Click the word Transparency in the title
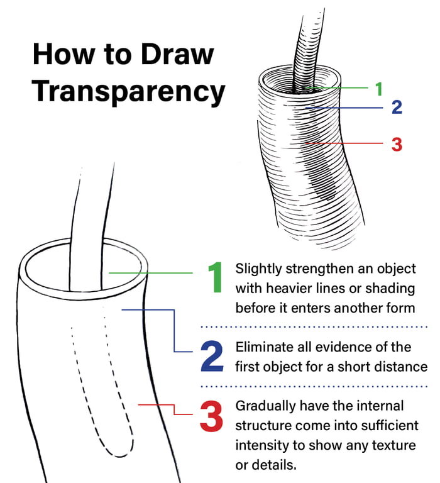click(x=128, y=91)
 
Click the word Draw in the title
click(x=182, y=53)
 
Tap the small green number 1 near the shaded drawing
click(x=378, y=89)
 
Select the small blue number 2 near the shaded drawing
click(x=396, y=108)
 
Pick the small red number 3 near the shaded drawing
click(x=396, y=143)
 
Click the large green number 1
click(x=216, y=277)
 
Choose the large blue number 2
click(x=212, y=357)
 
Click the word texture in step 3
click(x=394, y=445)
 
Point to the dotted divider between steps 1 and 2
click(x=314, y=327)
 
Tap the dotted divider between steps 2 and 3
click(x=314, y=386)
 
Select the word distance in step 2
click(x=402, y=366)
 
